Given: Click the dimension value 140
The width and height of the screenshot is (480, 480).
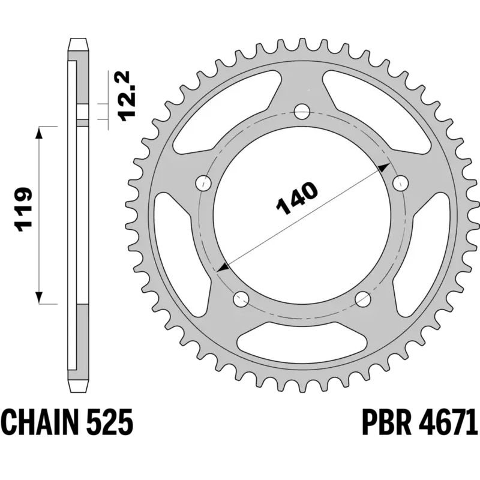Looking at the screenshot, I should click(x=296, y=198).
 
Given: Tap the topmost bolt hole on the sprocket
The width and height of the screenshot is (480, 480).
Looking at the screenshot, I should click(x=302, y=111).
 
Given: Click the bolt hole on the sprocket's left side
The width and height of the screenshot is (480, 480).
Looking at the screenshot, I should click(x=205, y=182).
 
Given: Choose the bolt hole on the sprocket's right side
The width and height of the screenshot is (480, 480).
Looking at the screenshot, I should click(x=399, y=182).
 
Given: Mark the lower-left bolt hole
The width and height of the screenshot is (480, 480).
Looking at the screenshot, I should click(x=241, y=297).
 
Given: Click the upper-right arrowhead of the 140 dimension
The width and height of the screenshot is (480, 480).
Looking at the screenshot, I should click(x=385, y=169).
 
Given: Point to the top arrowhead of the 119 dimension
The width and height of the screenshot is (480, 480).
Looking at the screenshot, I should click(x=40, y=132).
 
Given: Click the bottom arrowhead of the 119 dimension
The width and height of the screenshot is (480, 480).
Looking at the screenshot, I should click(x=40, y=298).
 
